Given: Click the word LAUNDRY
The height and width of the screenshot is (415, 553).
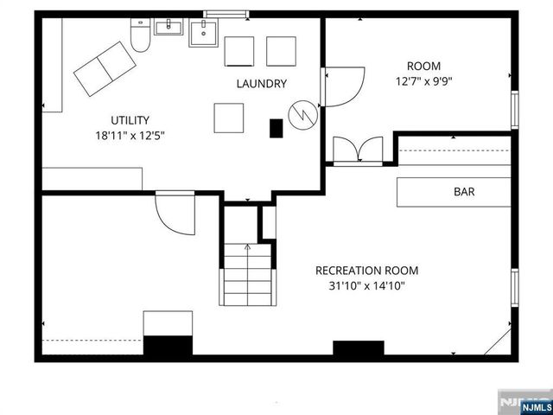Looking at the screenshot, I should pyautogui.click(x=262, y=84).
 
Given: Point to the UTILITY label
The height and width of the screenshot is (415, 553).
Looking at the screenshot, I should pyautogui.click(x=130, y=120).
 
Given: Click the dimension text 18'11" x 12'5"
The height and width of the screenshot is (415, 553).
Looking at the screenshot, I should pyautogui.click(x=130, y=135).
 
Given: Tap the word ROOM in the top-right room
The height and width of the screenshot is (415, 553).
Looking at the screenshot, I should pyautogui.click(x=423, y=66).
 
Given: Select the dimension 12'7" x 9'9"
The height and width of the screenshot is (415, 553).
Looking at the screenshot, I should pyautogui.click(x=423, y=81).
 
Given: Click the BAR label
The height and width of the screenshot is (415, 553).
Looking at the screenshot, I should pyautogui.click(x=464, y=192).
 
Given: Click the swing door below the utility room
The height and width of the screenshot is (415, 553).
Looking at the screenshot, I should pyautogui.click(x=175, y=212).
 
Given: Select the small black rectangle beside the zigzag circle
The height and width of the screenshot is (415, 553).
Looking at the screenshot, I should pyautogui.click(x=276, y=128).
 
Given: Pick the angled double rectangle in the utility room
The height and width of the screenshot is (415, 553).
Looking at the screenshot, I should pyautogui.click(x=103, y=67).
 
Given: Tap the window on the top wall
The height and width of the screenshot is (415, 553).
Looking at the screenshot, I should pyautogui.click(x=222, y=13).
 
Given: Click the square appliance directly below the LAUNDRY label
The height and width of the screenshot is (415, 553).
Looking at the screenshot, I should pyautogui.click(x=230, y=117).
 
